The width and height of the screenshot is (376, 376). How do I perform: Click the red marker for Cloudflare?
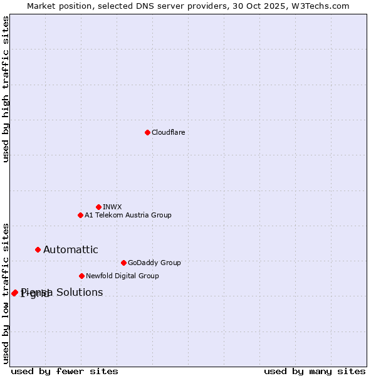pos(147,132)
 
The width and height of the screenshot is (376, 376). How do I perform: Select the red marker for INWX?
pos(98,207)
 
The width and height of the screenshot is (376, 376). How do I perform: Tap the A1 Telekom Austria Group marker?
pos(80,215)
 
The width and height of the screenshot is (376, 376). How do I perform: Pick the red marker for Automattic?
pos(38,249)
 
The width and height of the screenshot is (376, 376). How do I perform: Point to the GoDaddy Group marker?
pos(123,263)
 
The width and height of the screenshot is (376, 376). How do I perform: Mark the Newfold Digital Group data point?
pos(81,276)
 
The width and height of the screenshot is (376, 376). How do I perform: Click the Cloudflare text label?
pos(169,132)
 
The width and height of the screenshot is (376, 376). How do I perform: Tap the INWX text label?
pos(112,207)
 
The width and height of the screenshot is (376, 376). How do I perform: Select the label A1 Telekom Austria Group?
pos(128,215)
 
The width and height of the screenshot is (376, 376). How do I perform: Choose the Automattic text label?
pos(70,249)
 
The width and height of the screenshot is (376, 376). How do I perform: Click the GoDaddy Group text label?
pos(154,263)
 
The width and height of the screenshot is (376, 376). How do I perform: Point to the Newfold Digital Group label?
pos(122,276)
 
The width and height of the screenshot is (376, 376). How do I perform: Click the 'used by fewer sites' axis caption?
pos(65,371)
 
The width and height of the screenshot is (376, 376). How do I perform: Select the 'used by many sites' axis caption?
pos(315,371)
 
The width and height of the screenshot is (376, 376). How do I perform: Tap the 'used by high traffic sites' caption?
pos(6,89)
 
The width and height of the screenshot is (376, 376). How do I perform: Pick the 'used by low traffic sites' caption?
pos(6,293)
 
